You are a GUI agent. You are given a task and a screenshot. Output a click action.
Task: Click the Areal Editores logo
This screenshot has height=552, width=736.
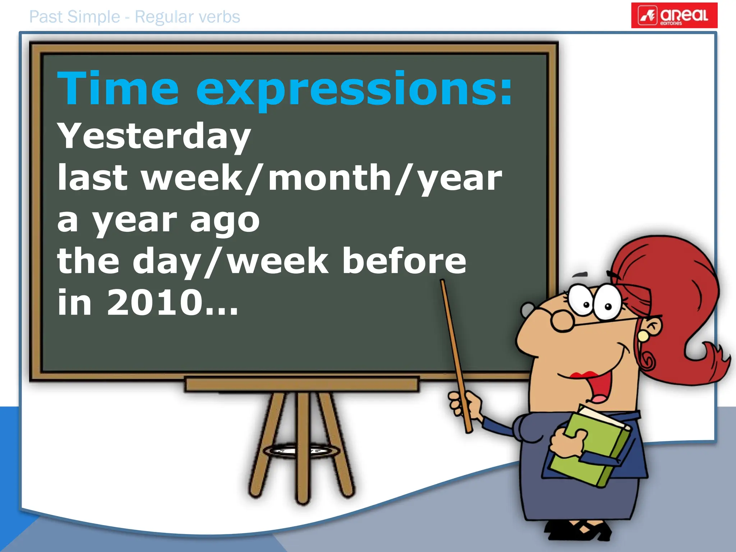click(x=674, y=15)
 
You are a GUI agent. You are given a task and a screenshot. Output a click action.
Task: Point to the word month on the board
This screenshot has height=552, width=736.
click(x=330, y=178)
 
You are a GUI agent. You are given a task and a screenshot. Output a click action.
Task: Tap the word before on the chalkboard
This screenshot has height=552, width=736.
click(x=404, y=261)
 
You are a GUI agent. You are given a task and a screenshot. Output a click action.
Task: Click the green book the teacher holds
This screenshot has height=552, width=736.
click(x=593, y=449)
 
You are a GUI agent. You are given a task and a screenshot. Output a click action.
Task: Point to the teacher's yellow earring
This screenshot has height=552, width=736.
click(x=643, y=336)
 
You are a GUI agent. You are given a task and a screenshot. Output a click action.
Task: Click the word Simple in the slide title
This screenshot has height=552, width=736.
click(x=93, y=17)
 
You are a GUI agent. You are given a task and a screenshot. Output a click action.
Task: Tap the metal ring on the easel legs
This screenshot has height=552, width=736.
click(x=302, y=451)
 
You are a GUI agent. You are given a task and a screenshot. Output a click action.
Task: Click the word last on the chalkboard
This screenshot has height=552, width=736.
click(x=92, y=178)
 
